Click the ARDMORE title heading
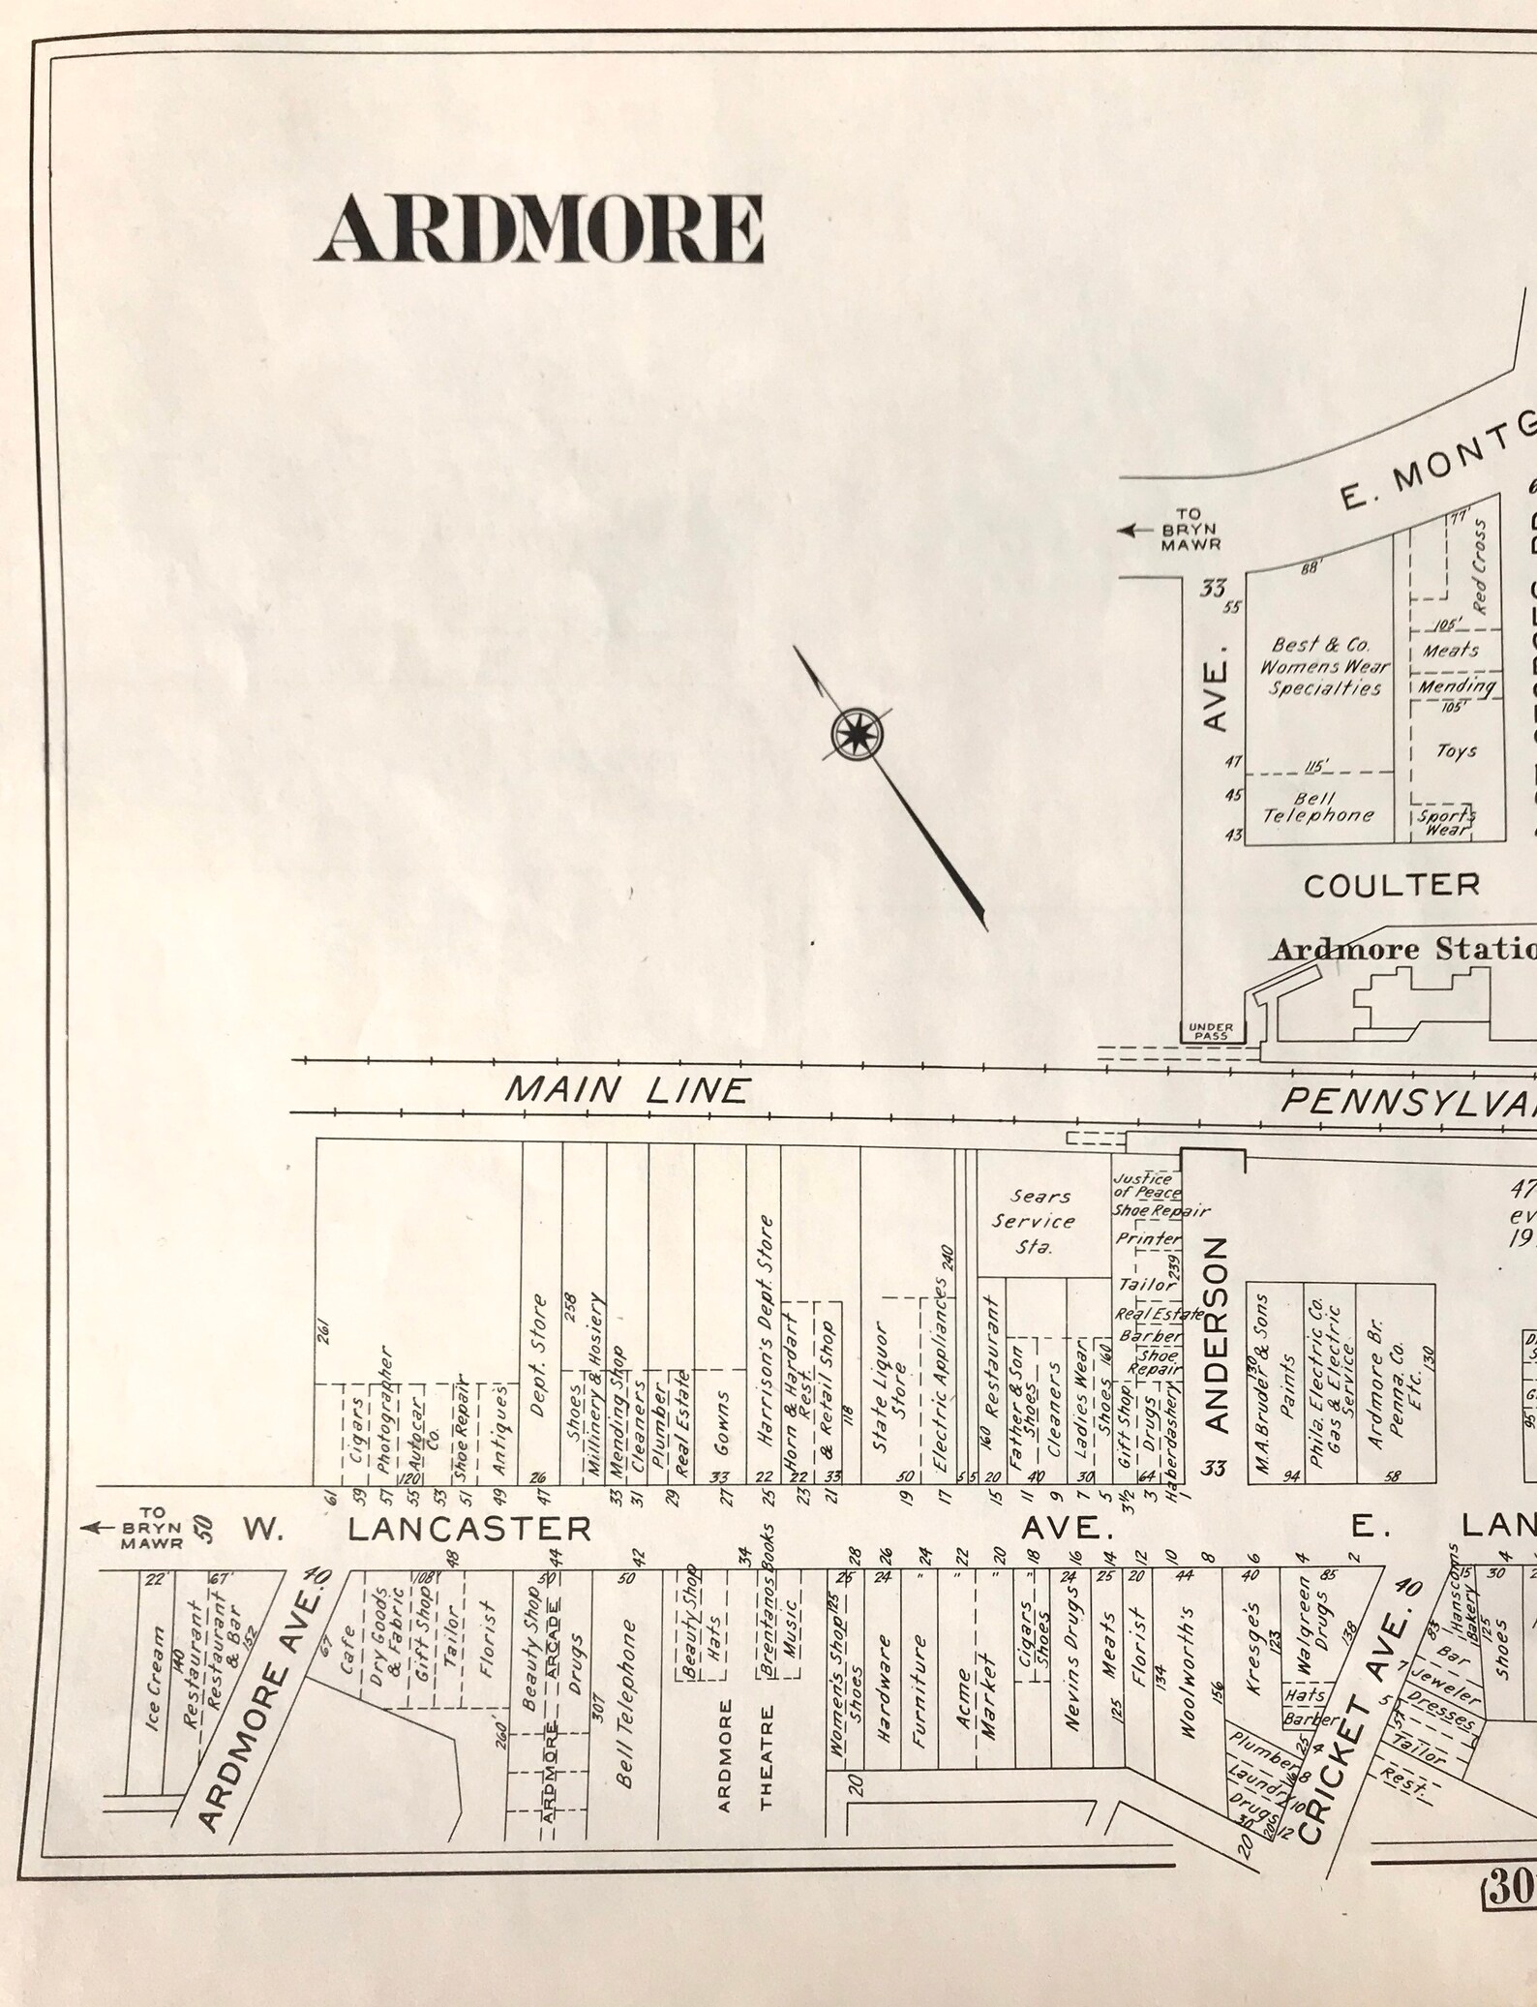[538, 228]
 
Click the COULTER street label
[1391, 885]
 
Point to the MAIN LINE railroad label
[626, 1091]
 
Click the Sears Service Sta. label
[1034, 1222]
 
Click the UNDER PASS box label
[1211, 1031]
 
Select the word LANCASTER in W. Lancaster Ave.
[469, 1529]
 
